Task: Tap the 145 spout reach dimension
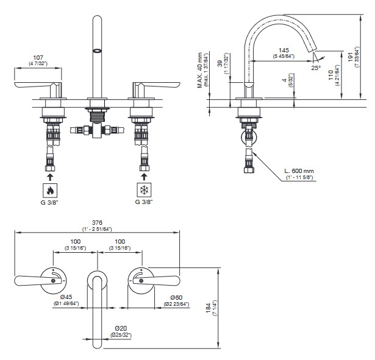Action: click(x=284, y=49)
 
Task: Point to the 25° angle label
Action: click(x=315, y=68)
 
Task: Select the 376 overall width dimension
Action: click(x=97, y=222)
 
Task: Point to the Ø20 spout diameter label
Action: click(x=120, y=328)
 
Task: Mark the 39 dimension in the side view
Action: click(x=220, y=64)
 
